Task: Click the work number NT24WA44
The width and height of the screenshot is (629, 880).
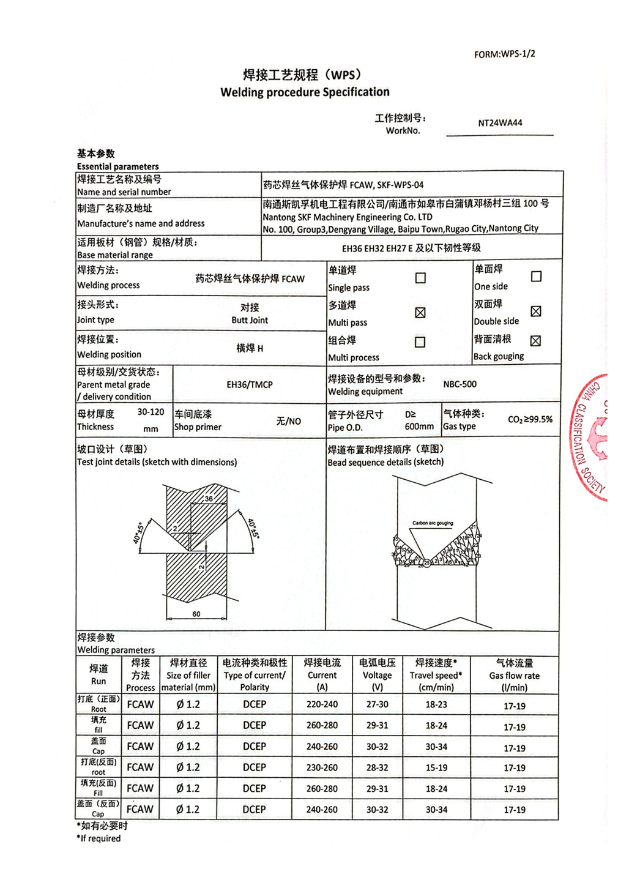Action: pos(500,123)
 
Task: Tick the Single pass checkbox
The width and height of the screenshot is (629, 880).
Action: pos(420,278)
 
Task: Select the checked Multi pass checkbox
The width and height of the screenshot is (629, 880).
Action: pos(420,313)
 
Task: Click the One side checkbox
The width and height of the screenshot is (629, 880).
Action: pos(536,277)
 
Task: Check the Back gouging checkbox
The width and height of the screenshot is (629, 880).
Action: pos(535,341)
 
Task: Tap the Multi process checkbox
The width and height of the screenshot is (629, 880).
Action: pos(420,342)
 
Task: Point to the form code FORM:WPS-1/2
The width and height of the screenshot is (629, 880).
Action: pos(504,54)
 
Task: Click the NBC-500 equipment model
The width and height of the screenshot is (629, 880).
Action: pos(460,384)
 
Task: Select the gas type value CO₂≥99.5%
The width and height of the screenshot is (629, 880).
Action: pos(530,420)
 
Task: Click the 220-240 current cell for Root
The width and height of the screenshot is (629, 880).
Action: pos(322,704)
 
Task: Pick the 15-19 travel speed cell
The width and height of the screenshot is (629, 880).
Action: pos(436,767)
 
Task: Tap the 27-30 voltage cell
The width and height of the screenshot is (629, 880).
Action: pos(377,704)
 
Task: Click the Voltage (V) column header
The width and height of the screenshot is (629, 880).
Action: pos(377,675)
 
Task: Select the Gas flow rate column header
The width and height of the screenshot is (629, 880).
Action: pos(514,675)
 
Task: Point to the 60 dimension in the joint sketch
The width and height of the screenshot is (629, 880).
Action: pos(196,614)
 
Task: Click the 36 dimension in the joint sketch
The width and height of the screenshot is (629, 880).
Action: pos(209,499)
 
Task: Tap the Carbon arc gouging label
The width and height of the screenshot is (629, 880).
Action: pos(433,523)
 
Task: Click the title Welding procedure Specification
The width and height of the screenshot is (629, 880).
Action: pos(305,92)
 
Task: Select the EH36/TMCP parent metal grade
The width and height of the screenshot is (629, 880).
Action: pos(250,385)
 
